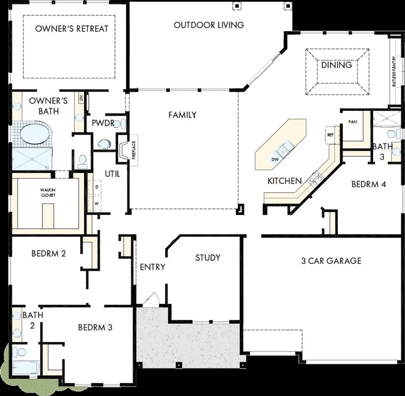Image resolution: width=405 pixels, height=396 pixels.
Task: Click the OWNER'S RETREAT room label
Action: [x=72, y=29]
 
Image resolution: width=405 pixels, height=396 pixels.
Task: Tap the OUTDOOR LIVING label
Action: [x=209, y=25]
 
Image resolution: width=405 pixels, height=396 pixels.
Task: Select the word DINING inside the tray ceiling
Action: [x=336, y=65]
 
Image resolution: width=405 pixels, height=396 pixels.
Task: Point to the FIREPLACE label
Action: [x=134, y=150]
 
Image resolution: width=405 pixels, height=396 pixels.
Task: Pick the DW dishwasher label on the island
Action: [x=275, y=159]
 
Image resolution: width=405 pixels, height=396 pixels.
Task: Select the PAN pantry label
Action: [x=353, y=122]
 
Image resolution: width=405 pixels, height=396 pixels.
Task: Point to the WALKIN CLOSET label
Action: [x=48, y=192]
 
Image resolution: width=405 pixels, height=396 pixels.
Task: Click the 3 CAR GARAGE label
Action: [x=331, y=261]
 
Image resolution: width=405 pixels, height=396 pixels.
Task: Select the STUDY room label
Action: [x=208, y=258]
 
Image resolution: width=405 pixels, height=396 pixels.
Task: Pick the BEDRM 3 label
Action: [x=95, y=327]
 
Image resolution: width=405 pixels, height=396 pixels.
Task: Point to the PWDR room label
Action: [x=103, y=123]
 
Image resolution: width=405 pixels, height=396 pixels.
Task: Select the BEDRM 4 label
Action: [x=369, y=184]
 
